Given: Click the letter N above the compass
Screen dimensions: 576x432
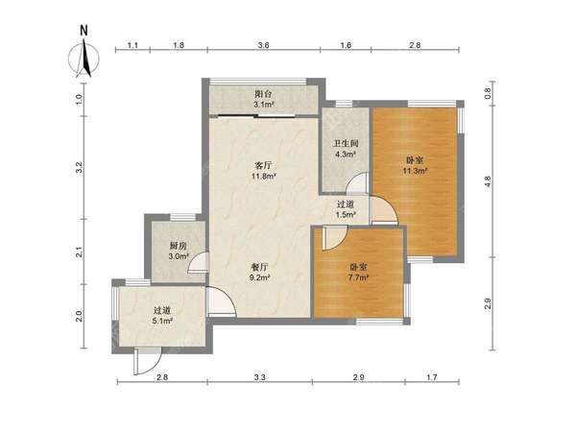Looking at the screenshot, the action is point(84,31).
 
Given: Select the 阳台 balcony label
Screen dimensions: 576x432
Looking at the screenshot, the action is point(263,94).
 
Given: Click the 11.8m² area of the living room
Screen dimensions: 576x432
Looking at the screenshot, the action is point(263,177).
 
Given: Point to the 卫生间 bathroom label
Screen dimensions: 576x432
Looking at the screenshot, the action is point(346,143).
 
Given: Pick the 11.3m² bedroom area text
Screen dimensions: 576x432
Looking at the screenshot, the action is point(415,171).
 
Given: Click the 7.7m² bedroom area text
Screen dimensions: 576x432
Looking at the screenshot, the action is point(358,277).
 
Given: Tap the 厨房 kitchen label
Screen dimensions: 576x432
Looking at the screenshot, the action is point(179,246).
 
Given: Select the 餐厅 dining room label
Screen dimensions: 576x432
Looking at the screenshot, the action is point(260,267).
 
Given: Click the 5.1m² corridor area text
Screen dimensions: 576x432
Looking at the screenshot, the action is point(162,321).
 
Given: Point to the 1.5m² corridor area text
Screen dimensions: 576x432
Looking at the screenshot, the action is point(346,214).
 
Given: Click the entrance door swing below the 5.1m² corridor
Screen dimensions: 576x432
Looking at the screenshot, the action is point(148,362).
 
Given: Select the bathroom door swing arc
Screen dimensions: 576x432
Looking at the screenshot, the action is point(357,183).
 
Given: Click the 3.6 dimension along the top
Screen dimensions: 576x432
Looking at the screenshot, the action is point(263,45).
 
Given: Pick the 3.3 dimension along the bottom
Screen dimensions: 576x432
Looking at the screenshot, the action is point(259,377).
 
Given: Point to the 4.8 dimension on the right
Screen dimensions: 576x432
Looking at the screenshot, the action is point(488,181).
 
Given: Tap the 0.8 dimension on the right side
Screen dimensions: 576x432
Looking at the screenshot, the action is point(488,94).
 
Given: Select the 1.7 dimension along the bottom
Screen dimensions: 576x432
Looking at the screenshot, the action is point(432,377).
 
